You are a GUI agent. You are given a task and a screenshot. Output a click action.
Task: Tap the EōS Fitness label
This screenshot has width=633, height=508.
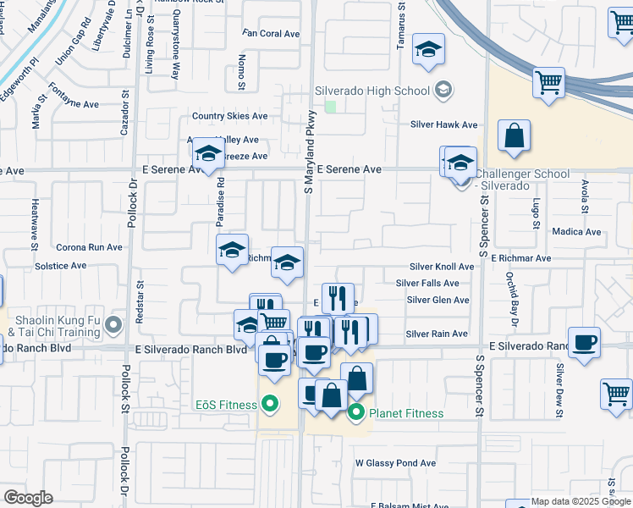(x=226, y=405)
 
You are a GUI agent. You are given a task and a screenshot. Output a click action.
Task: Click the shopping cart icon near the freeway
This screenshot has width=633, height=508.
(x=549, y=83)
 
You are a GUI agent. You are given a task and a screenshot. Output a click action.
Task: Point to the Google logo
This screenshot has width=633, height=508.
(x=28, y=497)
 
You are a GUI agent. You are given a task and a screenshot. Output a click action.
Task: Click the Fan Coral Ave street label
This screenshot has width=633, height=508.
(x=271, y=34)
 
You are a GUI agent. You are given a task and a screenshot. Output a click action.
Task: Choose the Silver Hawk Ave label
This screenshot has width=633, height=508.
(x=444, y=124)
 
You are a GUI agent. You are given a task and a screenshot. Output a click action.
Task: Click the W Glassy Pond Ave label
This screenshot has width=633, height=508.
(x=395, y=463)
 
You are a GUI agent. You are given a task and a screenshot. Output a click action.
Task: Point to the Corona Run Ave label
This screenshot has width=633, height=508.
(x=89, y=248)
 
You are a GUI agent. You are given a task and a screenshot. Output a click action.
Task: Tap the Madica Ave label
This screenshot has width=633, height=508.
(x=575, y=231)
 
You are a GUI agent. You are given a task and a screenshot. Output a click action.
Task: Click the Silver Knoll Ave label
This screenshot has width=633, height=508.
(x=442, y=266)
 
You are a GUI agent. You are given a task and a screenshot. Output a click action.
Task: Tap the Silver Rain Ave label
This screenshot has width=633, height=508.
(x=437, y=334)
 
